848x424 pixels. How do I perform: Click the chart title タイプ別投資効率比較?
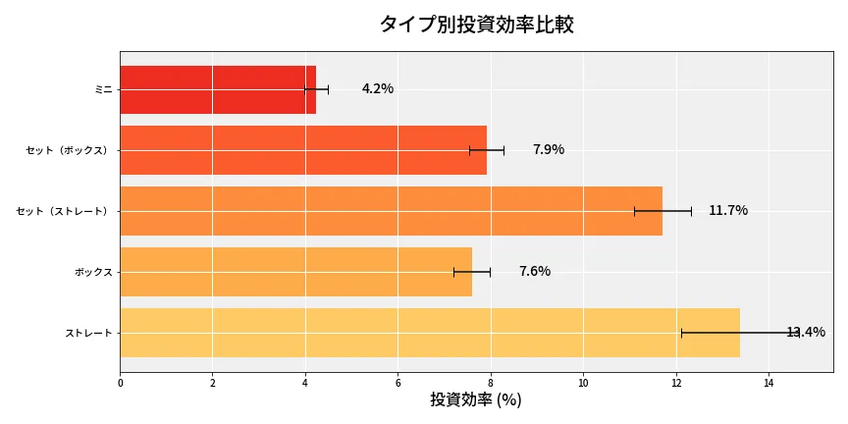476,26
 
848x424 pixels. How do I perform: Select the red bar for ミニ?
218,89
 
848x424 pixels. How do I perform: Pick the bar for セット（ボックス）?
303,150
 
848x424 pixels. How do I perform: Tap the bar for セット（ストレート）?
391,211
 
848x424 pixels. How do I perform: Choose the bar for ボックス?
295,272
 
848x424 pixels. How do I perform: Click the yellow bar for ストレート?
430,333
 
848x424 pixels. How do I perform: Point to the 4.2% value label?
378,89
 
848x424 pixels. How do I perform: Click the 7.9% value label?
549,150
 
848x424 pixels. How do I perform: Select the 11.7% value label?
728,211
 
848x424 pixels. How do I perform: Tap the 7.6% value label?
535,272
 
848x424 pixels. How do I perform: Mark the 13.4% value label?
806,333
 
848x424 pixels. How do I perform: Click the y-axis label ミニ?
103,89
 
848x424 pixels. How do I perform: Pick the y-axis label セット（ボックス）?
68,150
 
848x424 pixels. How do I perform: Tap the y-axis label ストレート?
88,333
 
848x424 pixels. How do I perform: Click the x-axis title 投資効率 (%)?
476,400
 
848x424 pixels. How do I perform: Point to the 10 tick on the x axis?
583,383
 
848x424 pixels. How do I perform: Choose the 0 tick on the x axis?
120,383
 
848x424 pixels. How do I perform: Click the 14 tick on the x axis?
768,383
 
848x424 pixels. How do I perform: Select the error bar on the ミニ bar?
316,89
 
